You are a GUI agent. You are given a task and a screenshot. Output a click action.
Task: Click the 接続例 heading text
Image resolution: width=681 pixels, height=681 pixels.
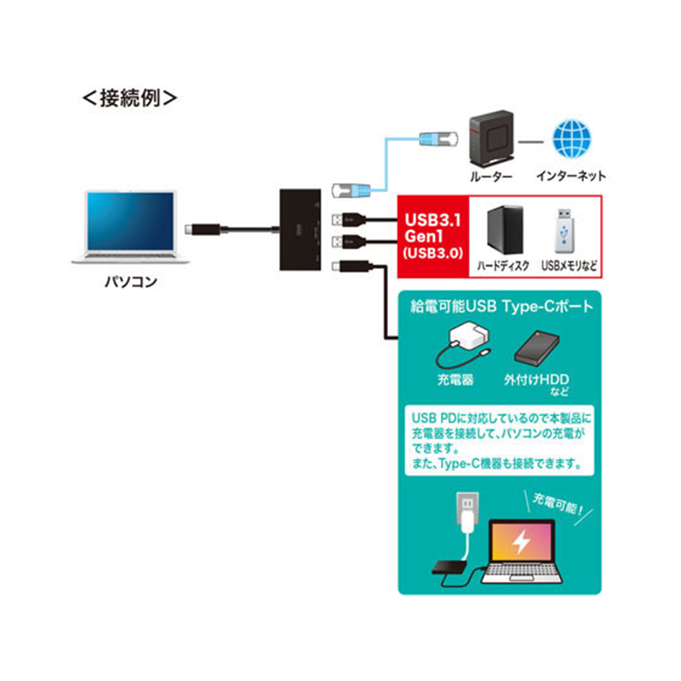pyautogui.click(x=130, y=98)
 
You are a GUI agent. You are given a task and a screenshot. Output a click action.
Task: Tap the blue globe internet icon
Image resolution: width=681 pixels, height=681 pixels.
pyautogui.click(x=571, y=139)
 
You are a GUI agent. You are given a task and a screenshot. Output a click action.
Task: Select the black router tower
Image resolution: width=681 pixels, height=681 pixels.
pyautogui.click(x=492, y=138)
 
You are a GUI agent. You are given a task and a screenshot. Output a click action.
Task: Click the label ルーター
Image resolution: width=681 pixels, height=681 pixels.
pyautogui.click(x=491, y=176)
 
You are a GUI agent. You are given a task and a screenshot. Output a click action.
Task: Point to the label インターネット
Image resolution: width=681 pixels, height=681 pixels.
pyautogui.click(x=571, y=176)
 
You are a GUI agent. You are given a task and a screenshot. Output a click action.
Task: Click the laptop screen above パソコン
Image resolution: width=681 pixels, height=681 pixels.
pyautogui.click(x=130, y=221)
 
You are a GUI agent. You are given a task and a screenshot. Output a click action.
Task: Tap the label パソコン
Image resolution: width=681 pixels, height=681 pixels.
pyautogui.click(x=131, y=282)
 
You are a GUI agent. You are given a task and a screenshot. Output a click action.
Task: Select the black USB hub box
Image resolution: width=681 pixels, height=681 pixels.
pyautogui.click(x=300, y=230)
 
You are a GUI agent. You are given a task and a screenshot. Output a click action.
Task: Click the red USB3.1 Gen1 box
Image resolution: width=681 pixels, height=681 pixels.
pyautogui.click(x=433, y=237)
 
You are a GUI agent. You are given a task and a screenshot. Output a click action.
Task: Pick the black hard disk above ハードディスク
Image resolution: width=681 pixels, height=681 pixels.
pyautogui.click(x=505, y=229)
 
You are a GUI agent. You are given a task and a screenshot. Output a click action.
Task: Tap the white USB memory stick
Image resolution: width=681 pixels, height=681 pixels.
pyautogui.click(x=564, y=231)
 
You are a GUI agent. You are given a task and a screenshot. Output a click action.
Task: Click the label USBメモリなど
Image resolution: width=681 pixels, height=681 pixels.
pyautogui.click(x=569, y=266)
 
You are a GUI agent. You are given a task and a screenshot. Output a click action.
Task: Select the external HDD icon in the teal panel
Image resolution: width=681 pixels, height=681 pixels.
pyautogui.click(x=536, y=347)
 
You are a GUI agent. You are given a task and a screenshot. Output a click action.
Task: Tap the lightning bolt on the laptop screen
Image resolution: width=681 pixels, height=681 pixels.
pyautogui.click(x=521, y=541)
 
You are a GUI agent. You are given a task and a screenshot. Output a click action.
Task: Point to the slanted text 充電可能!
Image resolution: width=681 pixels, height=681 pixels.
pyautogui.click(x=558, y=505)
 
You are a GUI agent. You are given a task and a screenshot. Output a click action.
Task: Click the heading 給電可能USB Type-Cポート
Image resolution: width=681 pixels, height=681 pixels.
pyautogui.click(x=501, y=306)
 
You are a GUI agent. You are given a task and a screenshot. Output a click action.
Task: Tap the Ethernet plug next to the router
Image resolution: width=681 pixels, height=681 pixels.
pyautogui.click(x=438, y=139)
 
